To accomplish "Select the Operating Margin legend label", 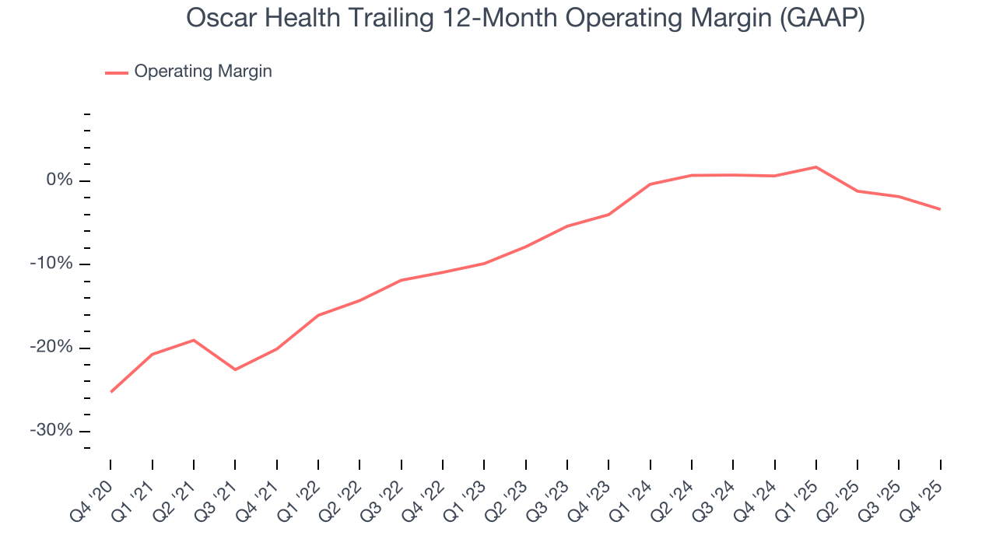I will (x=203, y=72).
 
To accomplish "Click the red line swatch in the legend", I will (x=117, y=72).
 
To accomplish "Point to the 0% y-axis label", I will (x=59, y=180).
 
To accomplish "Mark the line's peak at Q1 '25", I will (x=815, y=166).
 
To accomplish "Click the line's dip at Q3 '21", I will (x=235, y=369).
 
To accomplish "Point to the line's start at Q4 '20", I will (x=110, y=392).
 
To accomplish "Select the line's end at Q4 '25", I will (x=940, y=209).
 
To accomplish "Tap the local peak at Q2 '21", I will (x=194, y=340).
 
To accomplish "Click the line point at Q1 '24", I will (x=650, y=184).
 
